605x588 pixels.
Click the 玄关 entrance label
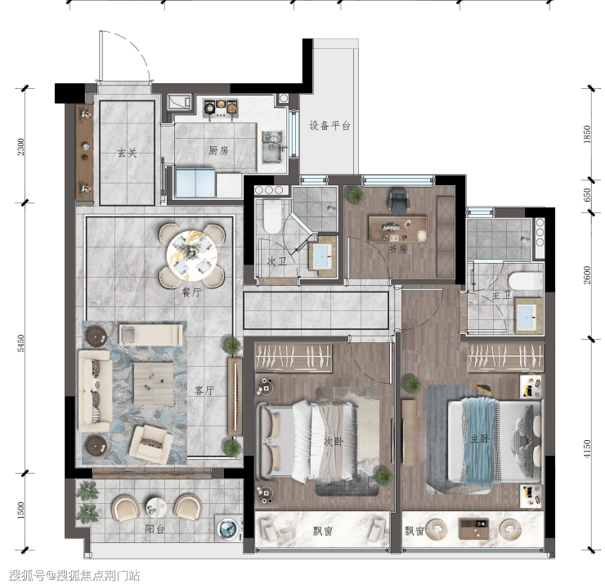127,153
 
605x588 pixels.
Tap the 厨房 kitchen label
218,150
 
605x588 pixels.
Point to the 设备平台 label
329,126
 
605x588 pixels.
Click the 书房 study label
398,249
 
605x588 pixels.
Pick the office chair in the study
399,200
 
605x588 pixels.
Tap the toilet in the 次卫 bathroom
272,216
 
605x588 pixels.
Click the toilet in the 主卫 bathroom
525,280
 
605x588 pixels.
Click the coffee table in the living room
154,384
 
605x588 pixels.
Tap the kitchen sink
273,147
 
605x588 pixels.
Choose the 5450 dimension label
21,343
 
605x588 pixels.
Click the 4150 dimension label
586,449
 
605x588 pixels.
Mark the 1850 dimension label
586,134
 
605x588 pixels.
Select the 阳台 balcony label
155,529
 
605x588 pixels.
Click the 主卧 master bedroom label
480,439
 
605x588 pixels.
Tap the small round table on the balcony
156,508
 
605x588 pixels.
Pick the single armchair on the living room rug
151,444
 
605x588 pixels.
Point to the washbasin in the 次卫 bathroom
321,256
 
